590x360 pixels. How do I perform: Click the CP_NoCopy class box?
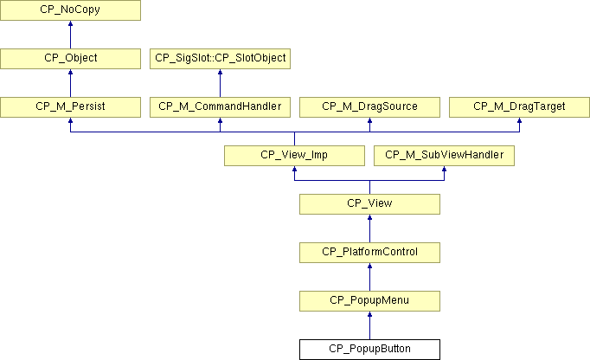(x=70, y=10)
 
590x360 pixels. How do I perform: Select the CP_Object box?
(x=70, y=59)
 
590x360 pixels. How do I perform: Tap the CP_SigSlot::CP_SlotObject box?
(x=220, y=59)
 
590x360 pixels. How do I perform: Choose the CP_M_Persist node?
(x=70, y=107)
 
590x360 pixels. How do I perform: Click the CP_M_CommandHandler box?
(x=220, y=107)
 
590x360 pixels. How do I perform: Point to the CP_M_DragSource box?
(x=370, y=107)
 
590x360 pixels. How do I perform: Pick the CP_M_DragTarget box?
(x=519, y=107)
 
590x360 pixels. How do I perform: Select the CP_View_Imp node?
(x=295, y=156)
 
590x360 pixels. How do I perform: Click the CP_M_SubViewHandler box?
(x=445, y=156)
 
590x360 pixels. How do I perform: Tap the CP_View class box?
(x=370, y=204)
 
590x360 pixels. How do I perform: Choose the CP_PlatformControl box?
(x=370, y=253)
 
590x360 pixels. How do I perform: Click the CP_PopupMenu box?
(x=370, y=301)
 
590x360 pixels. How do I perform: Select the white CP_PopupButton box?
(x=370, y=350)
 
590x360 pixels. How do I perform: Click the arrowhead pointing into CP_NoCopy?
(x=70, y=23)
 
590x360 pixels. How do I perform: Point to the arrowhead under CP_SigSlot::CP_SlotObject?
(x=220, y=72)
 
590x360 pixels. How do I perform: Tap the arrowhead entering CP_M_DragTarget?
(x=519, y=120)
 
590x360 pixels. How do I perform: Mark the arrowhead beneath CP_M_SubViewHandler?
(x=445, y=169)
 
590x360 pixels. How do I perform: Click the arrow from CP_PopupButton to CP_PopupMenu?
(x=370, y=325)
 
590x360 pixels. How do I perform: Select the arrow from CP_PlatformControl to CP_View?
(x=370, y=228)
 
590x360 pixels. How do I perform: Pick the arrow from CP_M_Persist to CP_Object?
(x=70, y=83)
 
